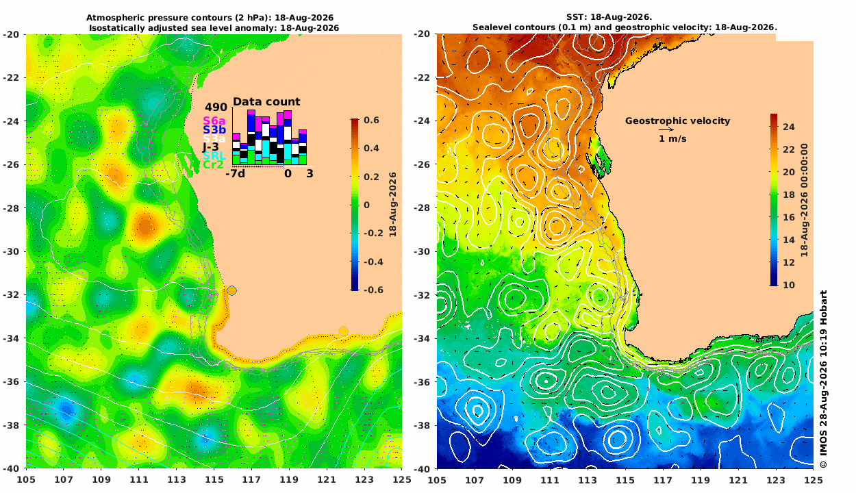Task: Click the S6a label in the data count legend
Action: coord(214,121)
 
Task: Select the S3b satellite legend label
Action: coord(214,130)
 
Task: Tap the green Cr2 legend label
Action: coord(213,165)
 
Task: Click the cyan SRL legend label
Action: coord(214,156)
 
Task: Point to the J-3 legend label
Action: coord(210,147)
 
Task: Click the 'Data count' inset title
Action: coord(266,101)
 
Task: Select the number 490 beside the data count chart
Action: coord(216,107)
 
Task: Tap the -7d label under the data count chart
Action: coord(235,174)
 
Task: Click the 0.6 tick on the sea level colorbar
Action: coord(371,120)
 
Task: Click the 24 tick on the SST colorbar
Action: coord(789,127)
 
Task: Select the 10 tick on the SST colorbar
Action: coord(789,285)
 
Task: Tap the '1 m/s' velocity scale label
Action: coord(672,139)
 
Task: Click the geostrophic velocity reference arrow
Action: coord(666,130)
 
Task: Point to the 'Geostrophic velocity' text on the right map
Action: coord(677,121)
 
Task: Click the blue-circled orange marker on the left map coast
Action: coord(231,291)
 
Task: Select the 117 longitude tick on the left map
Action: coord(251,479)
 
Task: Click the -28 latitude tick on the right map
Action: coord(422,208)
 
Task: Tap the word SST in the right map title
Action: coord(576,17)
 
